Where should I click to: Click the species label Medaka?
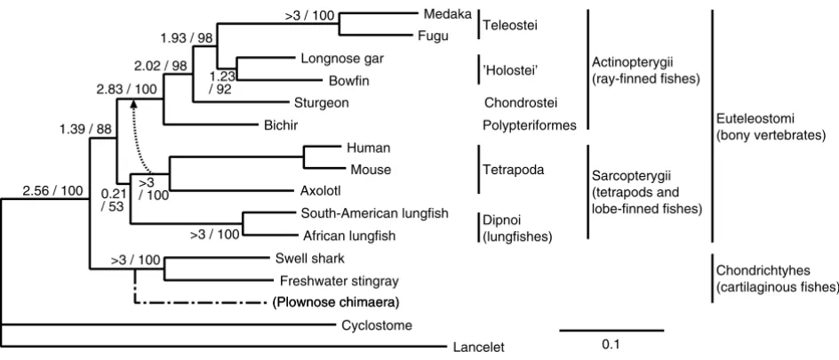(447, 13)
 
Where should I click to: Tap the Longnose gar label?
(342, 59)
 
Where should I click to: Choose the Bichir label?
(281, 125)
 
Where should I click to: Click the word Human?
(369, 147)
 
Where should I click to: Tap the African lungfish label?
(350, 235)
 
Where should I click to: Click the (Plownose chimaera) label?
(337, 303)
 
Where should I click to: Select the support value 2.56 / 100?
(53, 190)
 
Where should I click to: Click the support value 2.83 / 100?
(127, 88)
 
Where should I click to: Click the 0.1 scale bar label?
(611, 345)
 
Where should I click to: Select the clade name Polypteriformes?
(529, 125)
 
